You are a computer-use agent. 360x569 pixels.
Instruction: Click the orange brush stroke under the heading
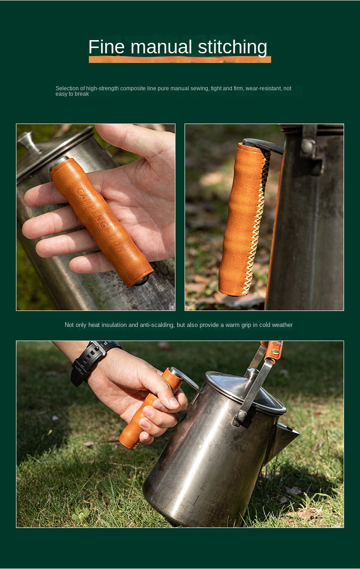pyautogui.click(x=180, y=59)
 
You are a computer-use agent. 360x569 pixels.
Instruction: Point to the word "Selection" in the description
pyautogui.click(x=70, y=88)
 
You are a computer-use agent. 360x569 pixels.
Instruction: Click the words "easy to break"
pyautogui.click(x=72, y=94)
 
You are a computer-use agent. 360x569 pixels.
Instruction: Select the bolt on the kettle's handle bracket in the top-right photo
pyautogui.click(x=308, y=146)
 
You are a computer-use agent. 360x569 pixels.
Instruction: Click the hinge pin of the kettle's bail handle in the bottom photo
pyautogui.click(x=241, y=416)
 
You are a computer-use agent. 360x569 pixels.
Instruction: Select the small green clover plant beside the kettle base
pyautogui.click(x=80, y=516)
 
